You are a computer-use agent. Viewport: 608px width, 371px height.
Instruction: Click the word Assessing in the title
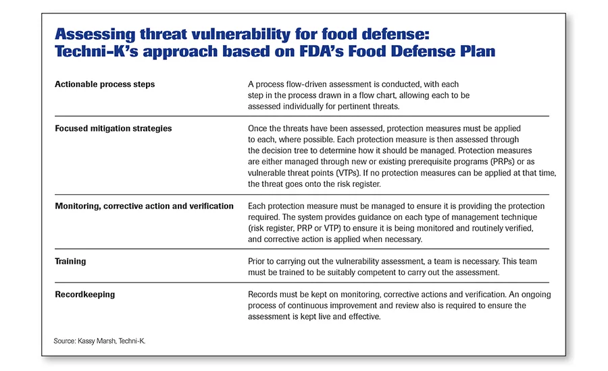coord(95,34)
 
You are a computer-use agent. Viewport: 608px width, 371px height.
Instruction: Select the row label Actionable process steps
coord(105,84)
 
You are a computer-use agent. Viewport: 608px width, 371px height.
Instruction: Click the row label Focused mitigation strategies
coord(113,128)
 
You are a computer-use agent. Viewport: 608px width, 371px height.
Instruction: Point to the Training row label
coord(70,262)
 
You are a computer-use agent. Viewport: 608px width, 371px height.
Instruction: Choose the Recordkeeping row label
coord(85,294)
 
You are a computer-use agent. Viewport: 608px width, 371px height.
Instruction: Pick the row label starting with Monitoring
coord(145,206)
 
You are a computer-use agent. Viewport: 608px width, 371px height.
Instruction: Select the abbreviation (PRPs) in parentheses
coord(502,161)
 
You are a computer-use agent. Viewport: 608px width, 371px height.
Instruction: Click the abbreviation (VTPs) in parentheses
coord(348,173)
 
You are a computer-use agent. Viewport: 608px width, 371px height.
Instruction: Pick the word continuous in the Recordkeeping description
coord(306,306)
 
